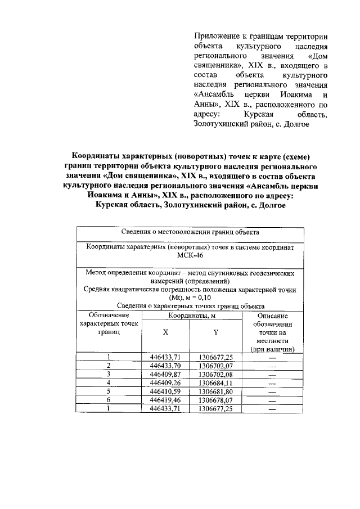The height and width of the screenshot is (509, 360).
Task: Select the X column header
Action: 165,332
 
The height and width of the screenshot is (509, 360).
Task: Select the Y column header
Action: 215,332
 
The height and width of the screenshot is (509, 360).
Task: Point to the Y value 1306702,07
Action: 215,366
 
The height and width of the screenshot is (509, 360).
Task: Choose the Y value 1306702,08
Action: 215,374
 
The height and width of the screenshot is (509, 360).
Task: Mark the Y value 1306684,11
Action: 215,383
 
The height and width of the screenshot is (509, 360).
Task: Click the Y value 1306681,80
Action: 215,391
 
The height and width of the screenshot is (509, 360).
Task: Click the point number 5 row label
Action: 108,391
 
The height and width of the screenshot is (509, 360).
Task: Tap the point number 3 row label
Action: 108,374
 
